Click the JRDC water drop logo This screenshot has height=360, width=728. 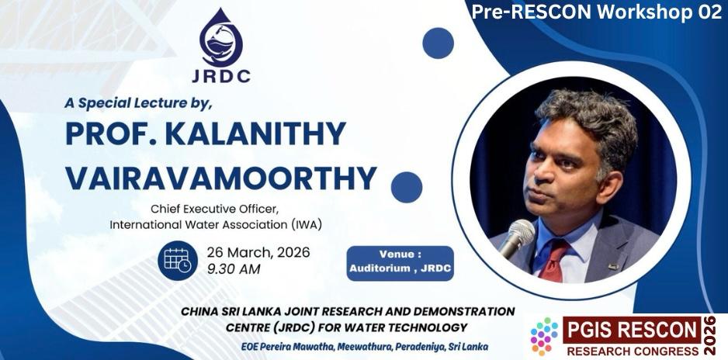click(221, 38)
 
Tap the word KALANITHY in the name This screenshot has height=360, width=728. click(255, 133)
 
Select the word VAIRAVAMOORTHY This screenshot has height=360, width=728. click(220, 177)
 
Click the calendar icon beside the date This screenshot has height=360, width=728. click(178, 261)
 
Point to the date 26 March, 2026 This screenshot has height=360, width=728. click(258, 253)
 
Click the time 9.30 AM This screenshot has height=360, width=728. click(234, 269)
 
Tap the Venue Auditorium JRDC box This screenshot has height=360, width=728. click(400, 263)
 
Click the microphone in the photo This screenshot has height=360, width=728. click(517, 237)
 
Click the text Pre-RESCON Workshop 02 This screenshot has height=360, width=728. click(597, 12)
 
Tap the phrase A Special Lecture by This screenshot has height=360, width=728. click(138, 104)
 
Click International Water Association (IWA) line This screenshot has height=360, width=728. click(216, 225)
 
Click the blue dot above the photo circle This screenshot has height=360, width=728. click(438, 43)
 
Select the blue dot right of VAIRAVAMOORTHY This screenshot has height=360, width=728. click(406, 188)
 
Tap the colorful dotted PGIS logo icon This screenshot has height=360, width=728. click(544, 337)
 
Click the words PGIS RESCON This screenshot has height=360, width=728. click(632, 331)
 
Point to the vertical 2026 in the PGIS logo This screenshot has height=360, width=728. click(709, 335)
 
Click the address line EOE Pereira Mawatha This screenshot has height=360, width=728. click(365, 347)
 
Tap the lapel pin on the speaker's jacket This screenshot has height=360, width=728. click(613, 267)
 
